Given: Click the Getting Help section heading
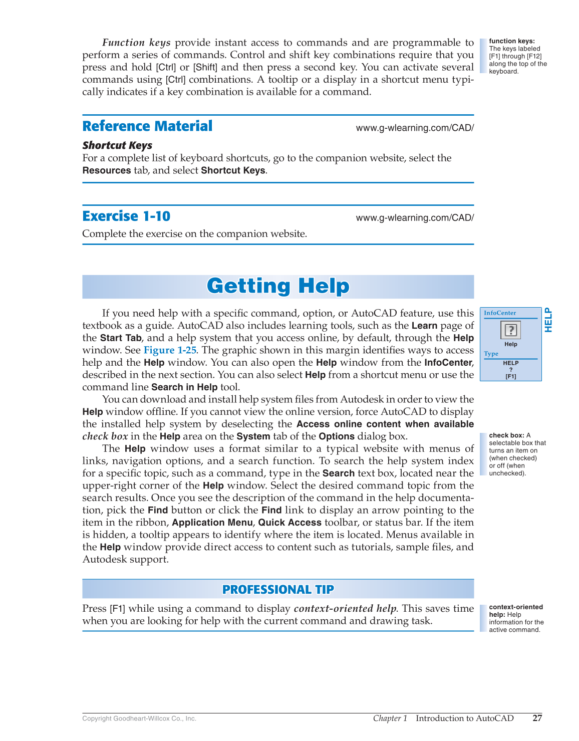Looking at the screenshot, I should (x=278, y=286).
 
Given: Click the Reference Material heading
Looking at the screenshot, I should (x=147, y=126).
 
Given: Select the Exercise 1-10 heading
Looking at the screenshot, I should (x=126, y=216).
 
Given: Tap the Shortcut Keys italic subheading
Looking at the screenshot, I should (x=117, y=145).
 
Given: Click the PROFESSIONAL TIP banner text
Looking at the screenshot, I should (x=278, y=589).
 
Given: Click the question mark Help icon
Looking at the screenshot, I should (x=510, y=330).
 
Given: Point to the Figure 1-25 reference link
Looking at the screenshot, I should (x=170, y=350).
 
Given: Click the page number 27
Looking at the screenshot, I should (x=537, y=718).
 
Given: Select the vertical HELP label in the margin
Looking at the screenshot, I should (x=548, y=320).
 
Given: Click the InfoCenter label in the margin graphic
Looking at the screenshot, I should (x=499, y=313).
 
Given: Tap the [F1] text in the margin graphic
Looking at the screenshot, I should (x=510, y=376).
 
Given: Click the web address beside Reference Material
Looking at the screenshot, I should (x=415, y=128).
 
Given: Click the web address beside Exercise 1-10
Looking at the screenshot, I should (x=415, y=217).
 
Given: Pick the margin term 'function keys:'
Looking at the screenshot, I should (x=511, y=41).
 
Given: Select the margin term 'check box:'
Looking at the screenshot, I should (x=506, y=435).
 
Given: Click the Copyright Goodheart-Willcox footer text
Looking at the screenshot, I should (x=139, y=718).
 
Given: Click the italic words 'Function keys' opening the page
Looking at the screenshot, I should (x=136, y=43).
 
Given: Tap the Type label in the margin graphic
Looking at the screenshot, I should (x=491, y=354).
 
